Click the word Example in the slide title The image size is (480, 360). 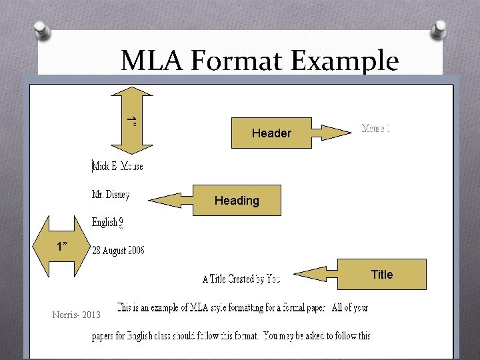coord(347,61)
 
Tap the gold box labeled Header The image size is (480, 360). coord(271,133)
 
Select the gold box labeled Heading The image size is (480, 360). coord(237,201)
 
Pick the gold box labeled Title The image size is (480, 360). coord(382,274)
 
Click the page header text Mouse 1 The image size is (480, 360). coord(375,127)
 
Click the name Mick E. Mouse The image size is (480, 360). coord(118,166)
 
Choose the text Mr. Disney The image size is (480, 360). coord(111,195)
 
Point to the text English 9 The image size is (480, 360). coord(107,223)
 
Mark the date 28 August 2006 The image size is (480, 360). coord(118,251)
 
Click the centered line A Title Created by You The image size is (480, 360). coord(241,279)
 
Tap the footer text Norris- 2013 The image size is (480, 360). coord(76,315)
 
